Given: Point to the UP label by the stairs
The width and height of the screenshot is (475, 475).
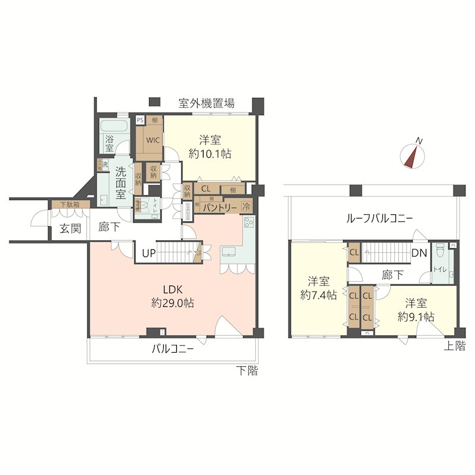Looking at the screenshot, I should pyautogui.click(x=149, y=254).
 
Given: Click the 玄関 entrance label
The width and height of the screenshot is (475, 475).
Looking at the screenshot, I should pyautogui.click(x=70, y=229).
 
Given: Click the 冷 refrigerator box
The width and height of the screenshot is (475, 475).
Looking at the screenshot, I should pyautogui.click(x=246, y=208).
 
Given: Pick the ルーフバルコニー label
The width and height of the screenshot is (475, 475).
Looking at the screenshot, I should pyautogui.click(x=379, y=218).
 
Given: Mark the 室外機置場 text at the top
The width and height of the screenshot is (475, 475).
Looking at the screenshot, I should pyautogui.click(x=207, y=103).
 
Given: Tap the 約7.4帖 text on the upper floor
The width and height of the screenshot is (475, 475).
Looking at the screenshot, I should pyautogui.click(x=318, y=287).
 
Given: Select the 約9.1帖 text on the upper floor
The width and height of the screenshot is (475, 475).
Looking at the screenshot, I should pyautogui.click(x=416, y=310).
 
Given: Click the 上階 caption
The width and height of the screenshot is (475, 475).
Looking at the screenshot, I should pyautogui.click(x=455, y=347).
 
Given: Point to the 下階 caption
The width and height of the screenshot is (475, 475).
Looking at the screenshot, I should pyautogui.click(x=247, y=371).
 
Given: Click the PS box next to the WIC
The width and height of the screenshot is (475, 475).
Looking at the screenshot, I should pyautogui.click(x=140, y=120).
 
